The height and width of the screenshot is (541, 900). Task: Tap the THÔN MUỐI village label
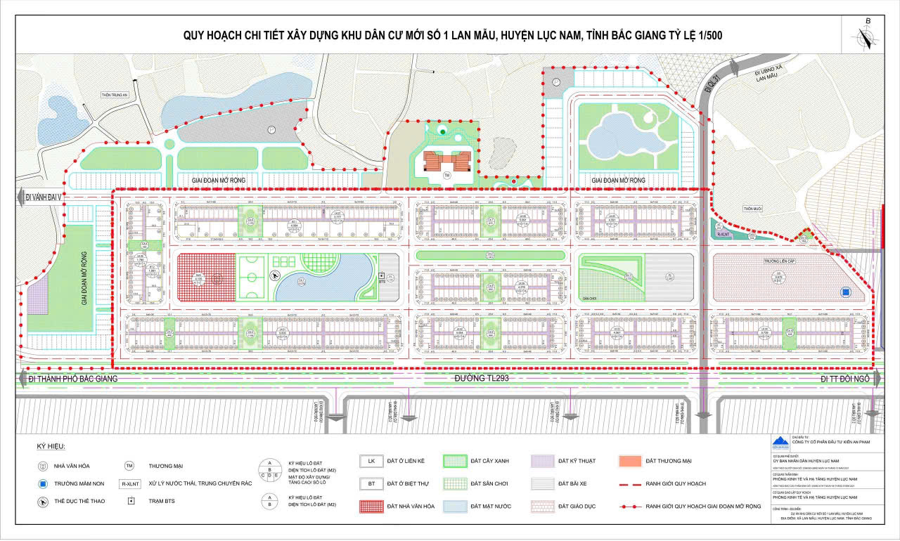pos(753,208)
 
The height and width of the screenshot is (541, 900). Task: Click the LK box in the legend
pos(371,461)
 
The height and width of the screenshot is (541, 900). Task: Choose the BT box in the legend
pos(371,483)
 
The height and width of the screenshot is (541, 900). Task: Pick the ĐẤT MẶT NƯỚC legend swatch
pos(457,506)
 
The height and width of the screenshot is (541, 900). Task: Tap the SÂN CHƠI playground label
pos(589,298)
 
